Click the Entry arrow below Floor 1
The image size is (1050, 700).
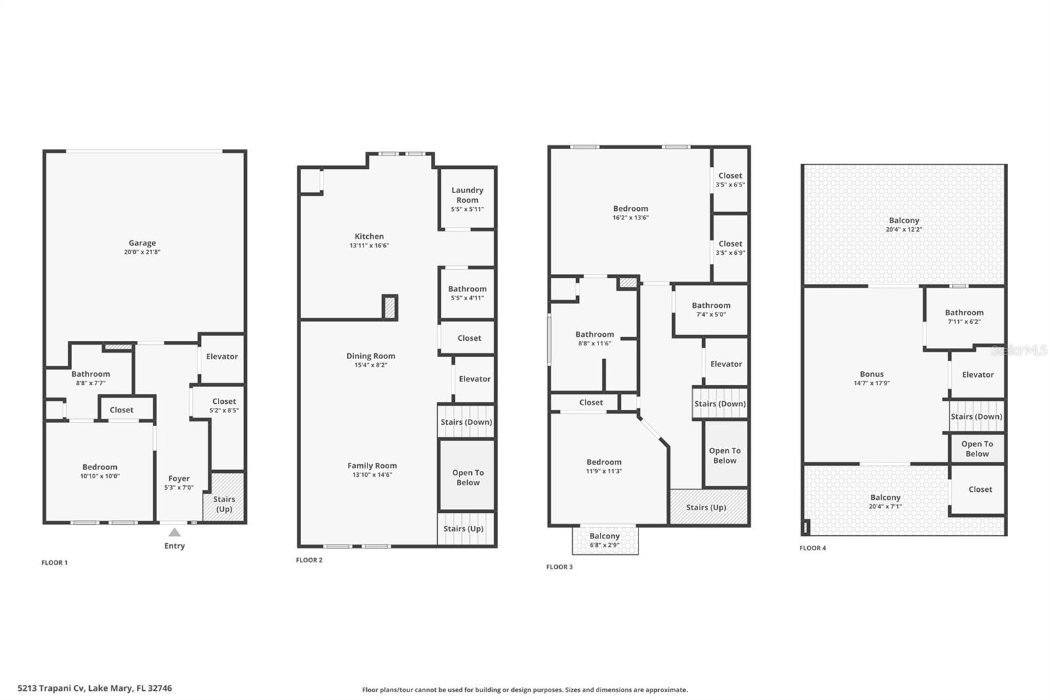175,533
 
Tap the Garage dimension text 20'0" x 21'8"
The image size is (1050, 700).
142,252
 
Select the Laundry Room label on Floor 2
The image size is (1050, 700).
467,195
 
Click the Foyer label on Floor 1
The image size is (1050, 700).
178,479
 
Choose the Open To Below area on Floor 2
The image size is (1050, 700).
467,477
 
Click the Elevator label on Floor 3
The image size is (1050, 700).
726,364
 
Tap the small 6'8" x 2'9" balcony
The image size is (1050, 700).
604,540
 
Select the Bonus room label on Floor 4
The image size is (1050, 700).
871,374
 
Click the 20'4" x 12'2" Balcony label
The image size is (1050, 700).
904,225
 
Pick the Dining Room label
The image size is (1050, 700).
371,356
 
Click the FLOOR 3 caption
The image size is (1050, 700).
559,567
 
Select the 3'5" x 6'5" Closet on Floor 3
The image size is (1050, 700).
730,180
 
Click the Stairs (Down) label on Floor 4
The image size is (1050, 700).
976,416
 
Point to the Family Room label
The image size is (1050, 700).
372,466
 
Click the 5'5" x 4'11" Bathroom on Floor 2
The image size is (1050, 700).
467,293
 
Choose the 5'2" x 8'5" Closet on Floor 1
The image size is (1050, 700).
224,405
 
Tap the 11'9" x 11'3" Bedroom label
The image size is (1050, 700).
604,466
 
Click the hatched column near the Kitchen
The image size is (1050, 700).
390,307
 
